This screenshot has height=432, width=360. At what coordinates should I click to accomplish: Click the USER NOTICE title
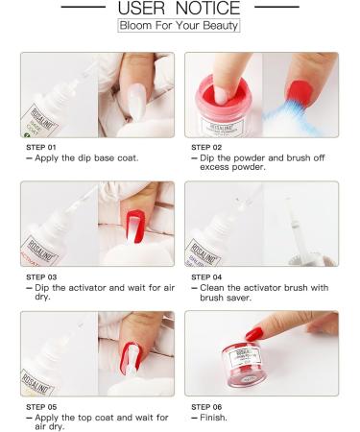pos(180,9)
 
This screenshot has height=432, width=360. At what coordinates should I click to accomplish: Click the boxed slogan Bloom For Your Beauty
pos(180,26)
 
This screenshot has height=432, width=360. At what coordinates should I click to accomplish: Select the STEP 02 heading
pos(208,147)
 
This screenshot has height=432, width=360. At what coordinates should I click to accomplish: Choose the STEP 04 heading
pos(208,276)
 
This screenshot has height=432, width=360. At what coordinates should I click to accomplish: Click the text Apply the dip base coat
pos(78,157)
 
